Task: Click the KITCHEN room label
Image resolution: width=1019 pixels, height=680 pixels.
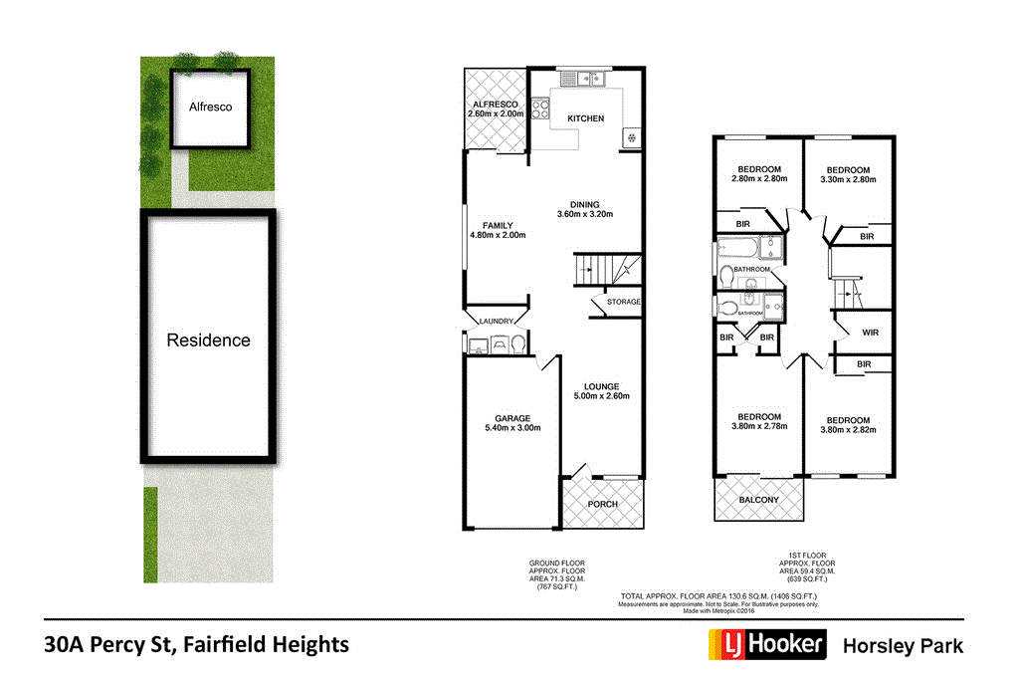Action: (x=585, y=118)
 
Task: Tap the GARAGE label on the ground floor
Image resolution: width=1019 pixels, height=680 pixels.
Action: (x=512, y=418)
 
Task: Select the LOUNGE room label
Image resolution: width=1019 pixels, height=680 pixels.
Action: (x=601, y=386)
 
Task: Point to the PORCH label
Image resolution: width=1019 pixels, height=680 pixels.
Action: (x=602, y=504)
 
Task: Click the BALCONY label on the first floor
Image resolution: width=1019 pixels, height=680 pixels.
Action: (x=758, y=500)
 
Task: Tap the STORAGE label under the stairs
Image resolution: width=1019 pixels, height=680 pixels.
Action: (x=623, y=302)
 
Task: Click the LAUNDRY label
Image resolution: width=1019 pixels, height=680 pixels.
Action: (x=495, y=321)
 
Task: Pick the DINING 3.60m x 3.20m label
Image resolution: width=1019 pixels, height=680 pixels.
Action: (x=584, y=209)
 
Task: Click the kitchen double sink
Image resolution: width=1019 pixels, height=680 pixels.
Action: (x=587, y=78)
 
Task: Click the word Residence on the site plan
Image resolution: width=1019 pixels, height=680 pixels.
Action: (x=208, y=340)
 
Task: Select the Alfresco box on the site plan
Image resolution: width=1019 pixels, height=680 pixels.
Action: (x=210, y=107)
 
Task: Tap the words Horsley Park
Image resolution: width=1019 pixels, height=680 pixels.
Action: (x=903, y=645)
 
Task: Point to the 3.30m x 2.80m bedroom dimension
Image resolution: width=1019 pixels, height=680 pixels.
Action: (x=848, y=179)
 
